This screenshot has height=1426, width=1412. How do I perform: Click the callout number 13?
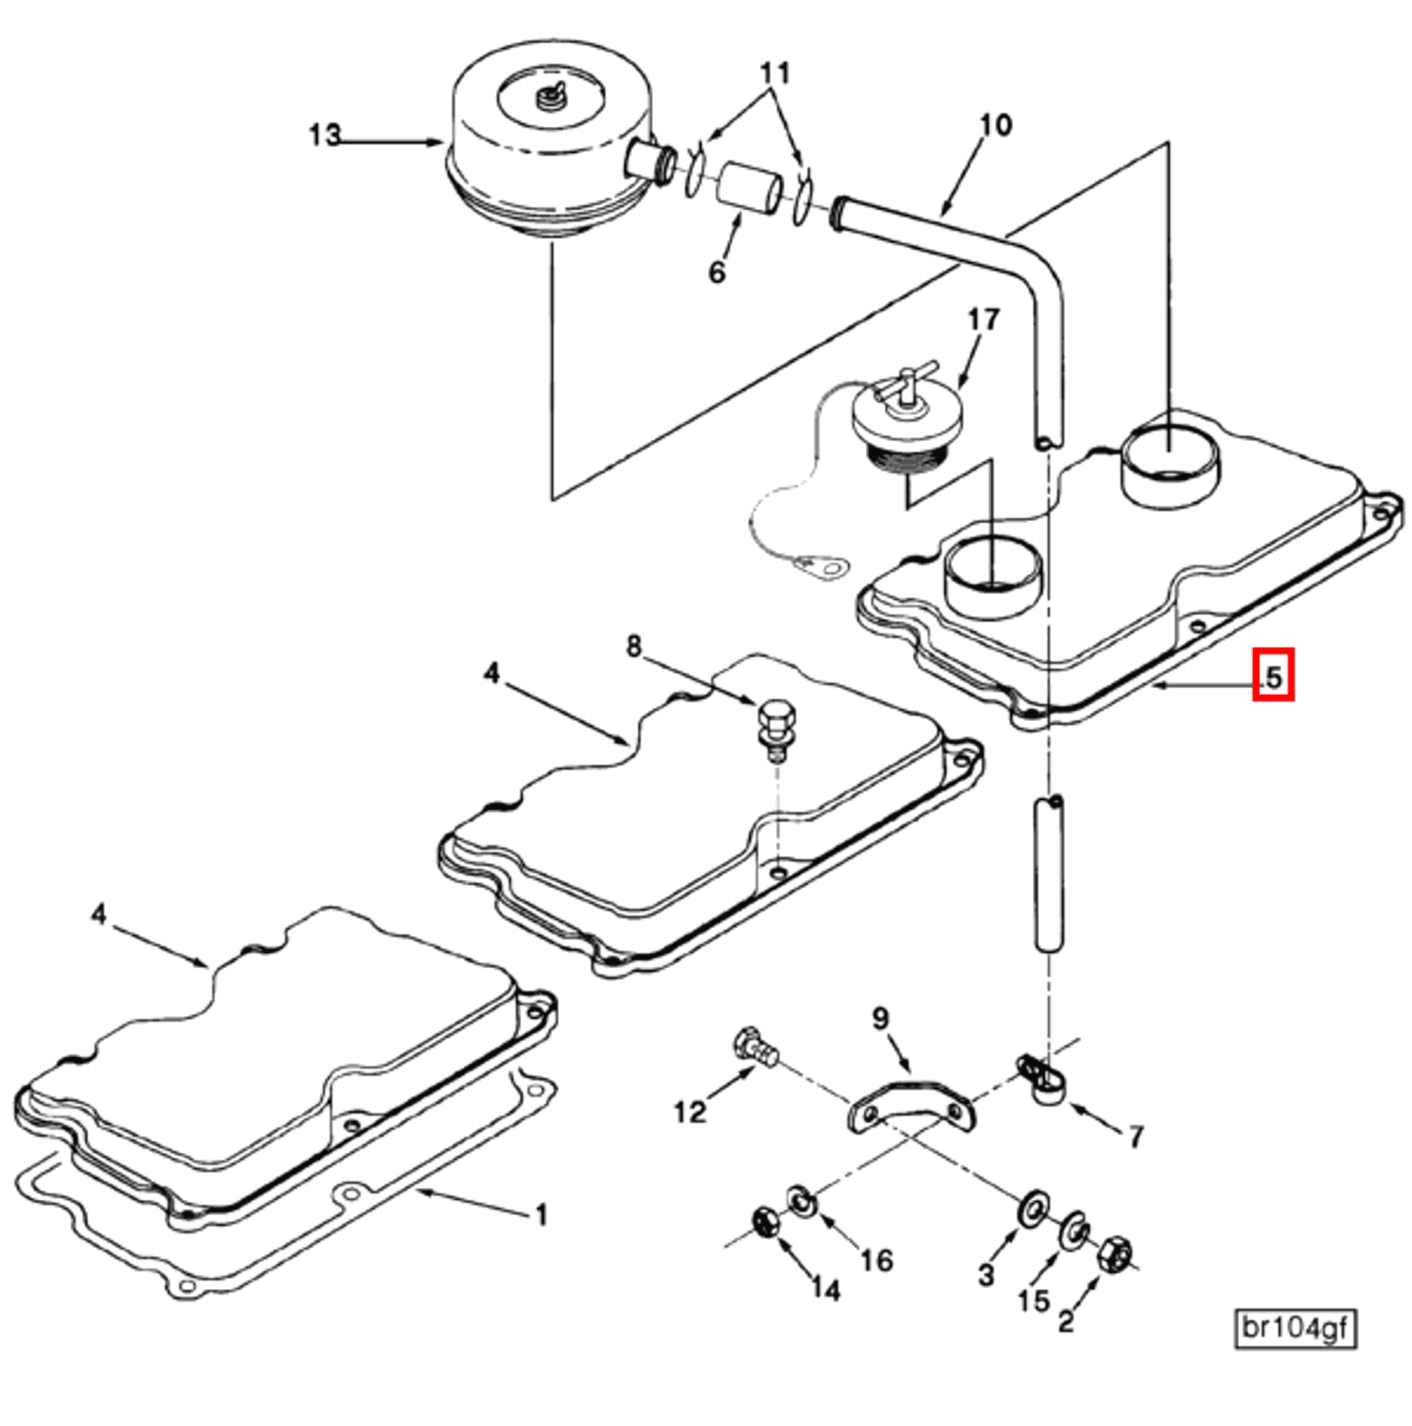[324, 135]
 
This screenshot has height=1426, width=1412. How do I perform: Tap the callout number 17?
[983, 320]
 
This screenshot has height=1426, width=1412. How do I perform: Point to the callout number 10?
[996, 125]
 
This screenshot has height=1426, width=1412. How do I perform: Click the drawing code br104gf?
[1294, 1329]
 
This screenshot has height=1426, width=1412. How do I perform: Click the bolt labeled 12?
[754, 1050]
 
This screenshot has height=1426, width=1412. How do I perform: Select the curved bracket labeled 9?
[912, 1107]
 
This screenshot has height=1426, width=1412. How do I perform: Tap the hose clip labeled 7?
[1041, 1080]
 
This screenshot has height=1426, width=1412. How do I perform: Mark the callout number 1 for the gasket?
[541, 1215]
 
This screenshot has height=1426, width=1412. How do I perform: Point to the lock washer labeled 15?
[1074, 1231]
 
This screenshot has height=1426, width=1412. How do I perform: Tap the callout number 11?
[775, 74]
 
